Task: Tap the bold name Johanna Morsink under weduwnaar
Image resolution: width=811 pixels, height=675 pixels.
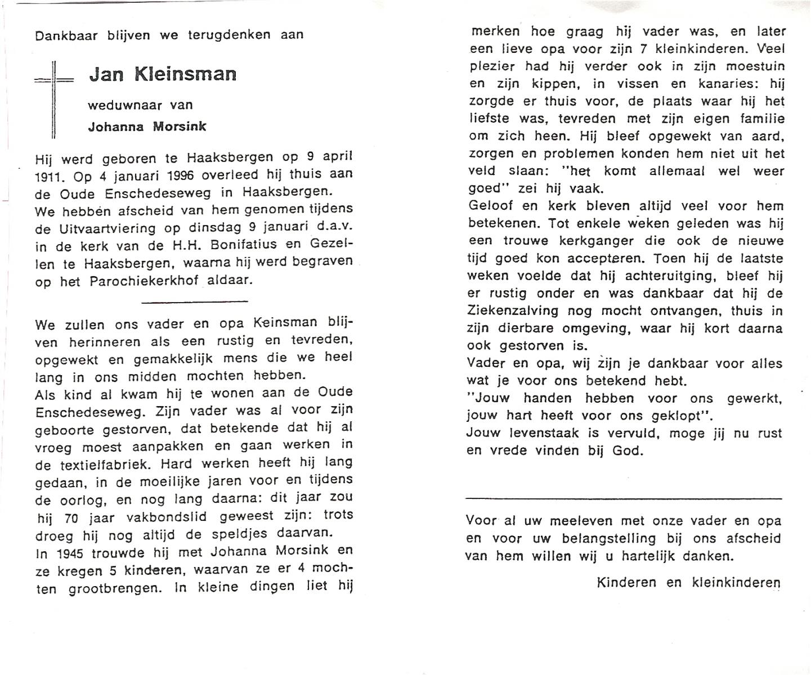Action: pos(147,127)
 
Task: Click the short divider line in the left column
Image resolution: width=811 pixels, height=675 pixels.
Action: pos(195,301)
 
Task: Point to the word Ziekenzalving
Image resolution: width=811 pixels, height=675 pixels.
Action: pos(512,310)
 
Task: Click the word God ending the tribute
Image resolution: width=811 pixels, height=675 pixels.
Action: pos(628,451)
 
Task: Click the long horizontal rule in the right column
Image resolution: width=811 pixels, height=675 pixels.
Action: pos(624,498)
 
